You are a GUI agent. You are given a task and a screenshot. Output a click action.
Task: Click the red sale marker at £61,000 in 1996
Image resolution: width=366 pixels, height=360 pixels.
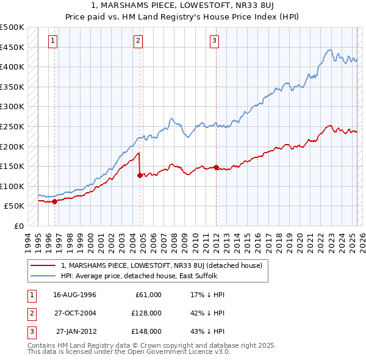pos(54,201)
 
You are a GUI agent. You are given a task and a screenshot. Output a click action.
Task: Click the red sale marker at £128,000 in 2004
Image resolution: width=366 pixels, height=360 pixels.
pos(140,175)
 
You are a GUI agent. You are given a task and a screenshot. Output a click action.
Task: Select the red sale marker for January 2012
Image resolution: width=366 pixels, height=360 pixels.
pos(216,167)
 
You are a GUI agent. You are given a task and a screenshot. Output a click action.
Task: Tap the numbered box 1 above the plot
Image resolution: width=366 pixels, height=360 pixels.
pos(53,41)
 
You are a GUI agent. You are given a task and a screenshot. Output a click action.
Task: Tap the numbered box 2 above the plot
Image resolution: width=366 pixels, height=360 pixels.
pos(138,41)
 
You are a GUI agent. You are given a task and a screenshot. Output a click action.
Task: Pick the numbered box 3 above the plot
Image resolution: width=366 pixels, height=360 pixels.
pos(215,41)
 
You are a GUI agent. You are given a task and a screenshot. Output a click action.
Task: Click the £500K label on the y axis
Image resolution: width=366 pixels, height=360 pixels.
pos(12,27)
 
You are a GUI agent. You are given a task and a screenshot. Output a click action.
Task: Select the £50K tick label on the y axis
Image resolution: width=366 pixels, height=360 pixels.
pos(14,206)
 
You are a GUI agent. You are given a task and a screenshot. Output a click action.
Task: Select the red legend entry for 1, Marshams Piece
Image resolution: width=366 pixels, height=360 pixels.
pos(161,265)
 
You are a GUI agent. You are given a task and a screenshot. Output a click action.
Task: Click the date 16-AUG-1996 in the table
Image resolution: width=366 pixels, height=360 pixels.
pos(74,295)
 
